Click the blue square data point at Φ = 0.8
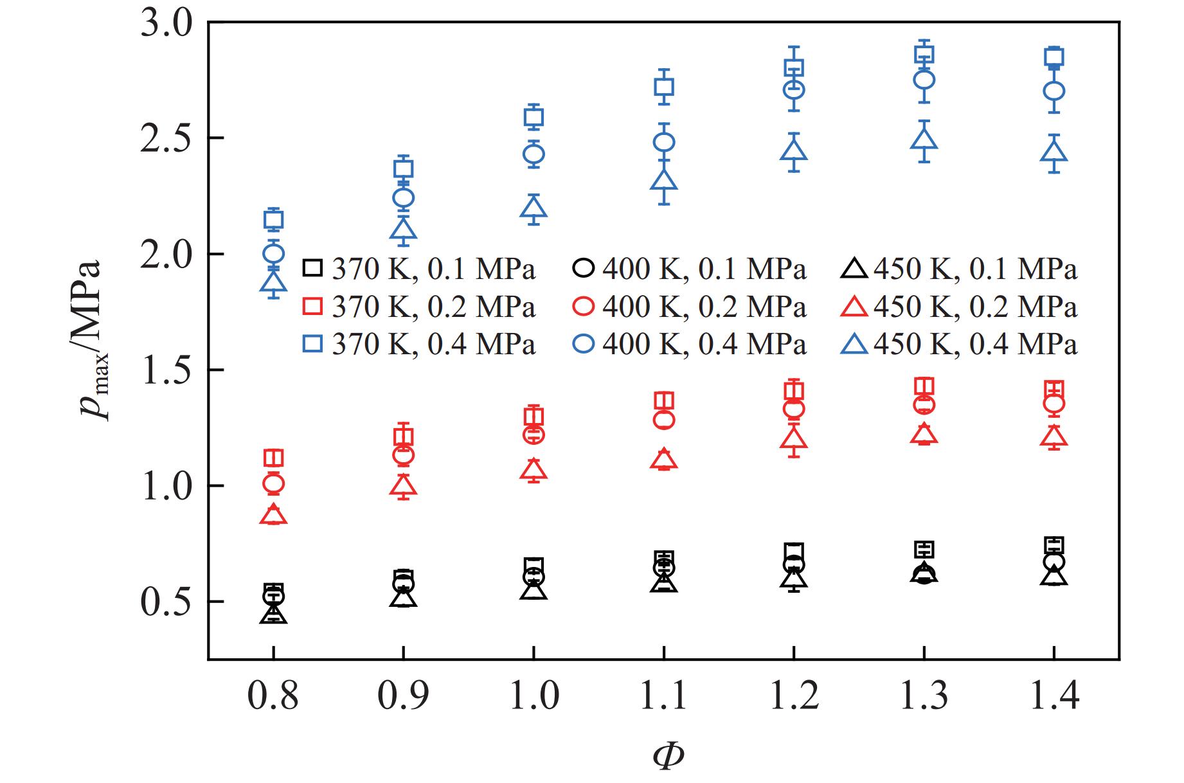coord(274,220)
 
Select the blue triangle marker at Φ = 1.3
coord(924,139)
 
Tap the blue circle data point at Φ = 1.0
coord(534,154)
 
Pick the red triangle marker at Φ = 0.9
coord(404,487)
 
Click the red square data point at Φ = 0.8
coord(274,458)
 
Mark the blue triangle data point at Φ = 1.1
coord(664,180)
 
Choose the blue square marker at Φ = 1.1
coord(664,87)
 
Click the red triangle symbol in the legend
coord(855,308)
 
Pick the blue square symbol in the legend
coord(313,345)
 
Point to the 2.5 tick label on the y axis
coord(166,139)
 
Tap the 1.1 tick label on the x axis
coord(664,695)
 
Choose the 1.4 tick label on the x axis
coord(1054,695)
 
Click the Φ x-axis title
coord(668,756)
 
